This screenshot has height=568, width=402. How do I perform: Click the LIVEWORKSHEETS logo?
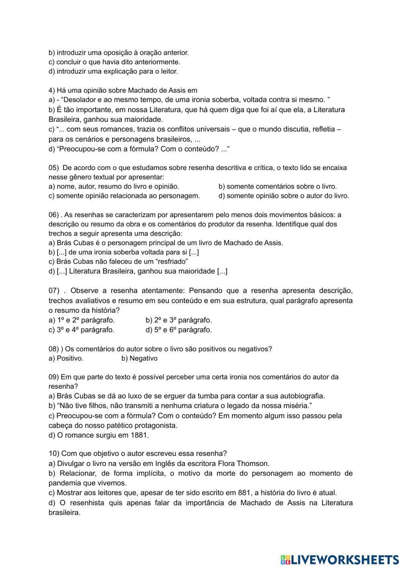[x=340, y=559]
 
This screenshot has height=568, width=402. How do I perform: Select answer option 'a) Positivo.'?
[x=66, y=358]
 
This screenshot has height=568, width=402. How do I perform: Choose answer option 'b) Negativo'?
[x=139, y=358]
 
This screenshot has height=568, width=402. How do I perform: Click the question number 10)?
[x=54, y=453]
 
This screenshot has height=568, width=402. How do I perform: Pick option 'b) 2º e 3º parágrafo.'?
[x=178, y=320]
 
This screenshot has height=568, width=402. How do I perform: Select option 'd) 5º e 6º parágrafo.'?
[x=178, y=330]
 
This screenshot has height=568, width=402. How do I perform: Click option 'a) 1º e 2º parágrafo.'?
[x=82, y=320]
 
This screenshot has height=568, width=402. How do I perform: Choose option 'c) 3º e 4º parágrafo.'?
[x=82, y=330]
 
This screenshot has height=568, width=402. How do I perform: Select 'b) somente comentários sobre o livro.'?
[x=277, y=186]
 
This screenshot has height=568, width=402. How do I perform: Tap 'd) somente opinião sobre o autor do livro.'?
[x=283, y=196]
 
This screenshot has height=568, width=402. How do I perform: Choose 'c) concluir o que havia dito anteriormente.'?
[x=114, y=62]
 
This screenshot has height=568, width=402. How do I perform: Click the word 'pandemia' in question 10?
[x=62, y=483]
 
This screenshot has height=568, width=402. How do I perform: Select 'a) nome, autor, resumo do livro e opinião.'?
[x=114, y=186]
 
